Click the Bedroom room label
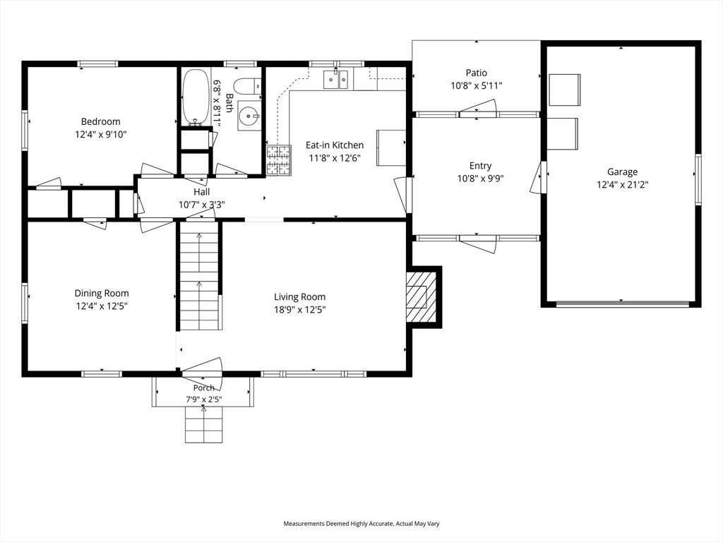pos(100,121)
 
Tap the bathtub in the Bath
pos(196,97)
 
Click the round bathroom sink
pos(249,116)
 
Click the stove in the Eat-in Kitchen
pos(279,160)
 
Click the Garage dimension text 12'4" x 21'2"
pos(622,185)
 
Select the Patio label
pos(477,73)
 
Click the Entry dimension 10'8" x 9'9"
pos(480,179)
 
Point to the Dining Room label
pos(102,293)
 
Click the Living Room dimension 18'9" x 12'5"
pos(299,310)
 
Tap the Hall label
pos(201,192)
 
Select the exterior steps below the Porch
pos(203,424)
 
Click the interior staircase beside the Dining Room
pos(198,276)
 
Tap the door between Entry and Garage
pos(538,176)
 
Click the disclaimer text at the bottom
pos(361,524)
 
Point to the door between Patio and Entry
pos(478,109)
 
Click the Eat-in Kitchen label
pos(335,145)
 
